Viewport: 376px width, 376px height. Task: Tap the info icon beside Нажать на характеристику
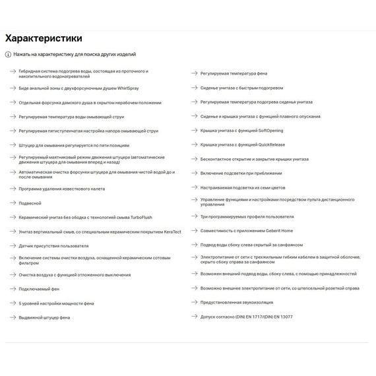(x=8, y=54)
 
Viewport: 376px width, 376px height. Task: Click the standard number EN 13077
(x=280, y=317)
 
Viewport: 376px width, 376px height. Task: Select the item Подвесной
(x=30, y=203)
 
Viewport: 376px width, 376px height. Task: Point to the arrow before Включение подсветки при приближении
(x=193, y=173)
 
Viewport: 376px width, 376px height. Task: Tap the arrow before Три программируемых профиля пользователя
(x=193, y=216)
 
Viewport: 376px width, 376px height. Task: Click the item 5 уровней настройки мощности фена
(x=56, y=303)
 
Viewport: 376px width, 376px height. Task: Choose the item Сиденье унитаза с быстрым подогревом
(x=241, y=88)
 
